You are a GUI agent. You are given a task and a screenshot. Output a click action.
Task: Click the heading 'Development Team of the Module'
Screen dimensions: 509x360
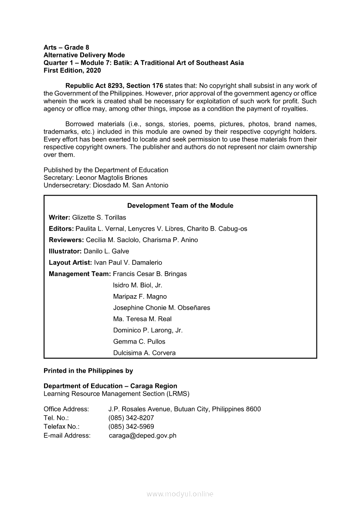180,206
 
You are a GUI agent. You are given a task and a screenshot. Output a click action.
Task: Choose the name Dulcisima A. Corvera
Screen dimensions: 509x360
144,353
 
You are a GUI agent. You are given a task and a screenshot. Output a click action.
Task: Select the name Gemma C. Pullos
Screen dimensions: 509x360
139,342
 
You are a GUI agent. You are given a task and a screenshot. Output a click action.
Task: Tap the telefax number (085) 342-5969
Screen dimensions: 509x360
131,427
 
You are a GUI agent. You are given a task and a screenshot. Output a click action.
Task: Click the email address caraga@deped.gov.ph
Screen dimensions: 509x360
143,435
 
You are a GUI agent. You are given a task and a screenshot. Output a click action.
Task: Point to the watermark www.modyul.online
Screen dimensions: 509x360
180,494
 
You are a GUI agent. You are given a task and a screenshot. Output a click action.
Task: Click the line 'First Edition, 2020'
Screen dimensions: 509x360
72,70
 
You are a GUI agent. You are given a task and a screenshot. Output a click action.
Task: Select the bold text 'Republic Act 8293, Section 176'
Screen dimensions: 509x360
114,86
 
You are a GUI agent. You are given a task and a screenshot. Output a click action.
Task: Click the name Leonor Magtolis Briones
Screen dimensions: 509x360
112,178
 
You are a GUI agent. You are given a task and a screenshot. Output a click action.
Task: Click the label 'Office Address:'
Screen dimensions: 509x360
66,409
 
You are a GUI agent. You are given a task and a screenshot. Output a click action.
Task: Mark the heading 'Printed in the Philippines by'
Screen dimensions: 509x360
88,371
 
